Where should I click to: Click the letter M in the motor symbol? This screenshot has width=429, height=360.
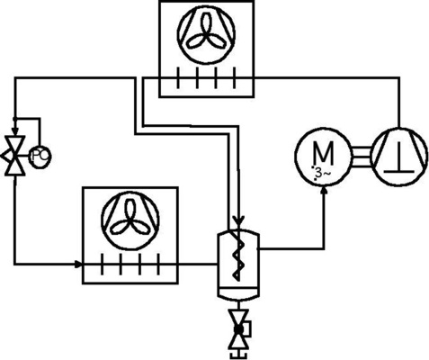tap(323, 151)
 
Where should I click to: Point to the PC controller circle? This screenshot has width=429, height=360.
tap(40, 157)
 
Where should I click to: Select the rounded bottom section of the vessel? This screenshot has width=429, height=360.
tap(238, 293)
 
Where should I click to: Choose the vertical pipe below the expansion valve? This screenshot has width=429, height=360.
tap(14, 216)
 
